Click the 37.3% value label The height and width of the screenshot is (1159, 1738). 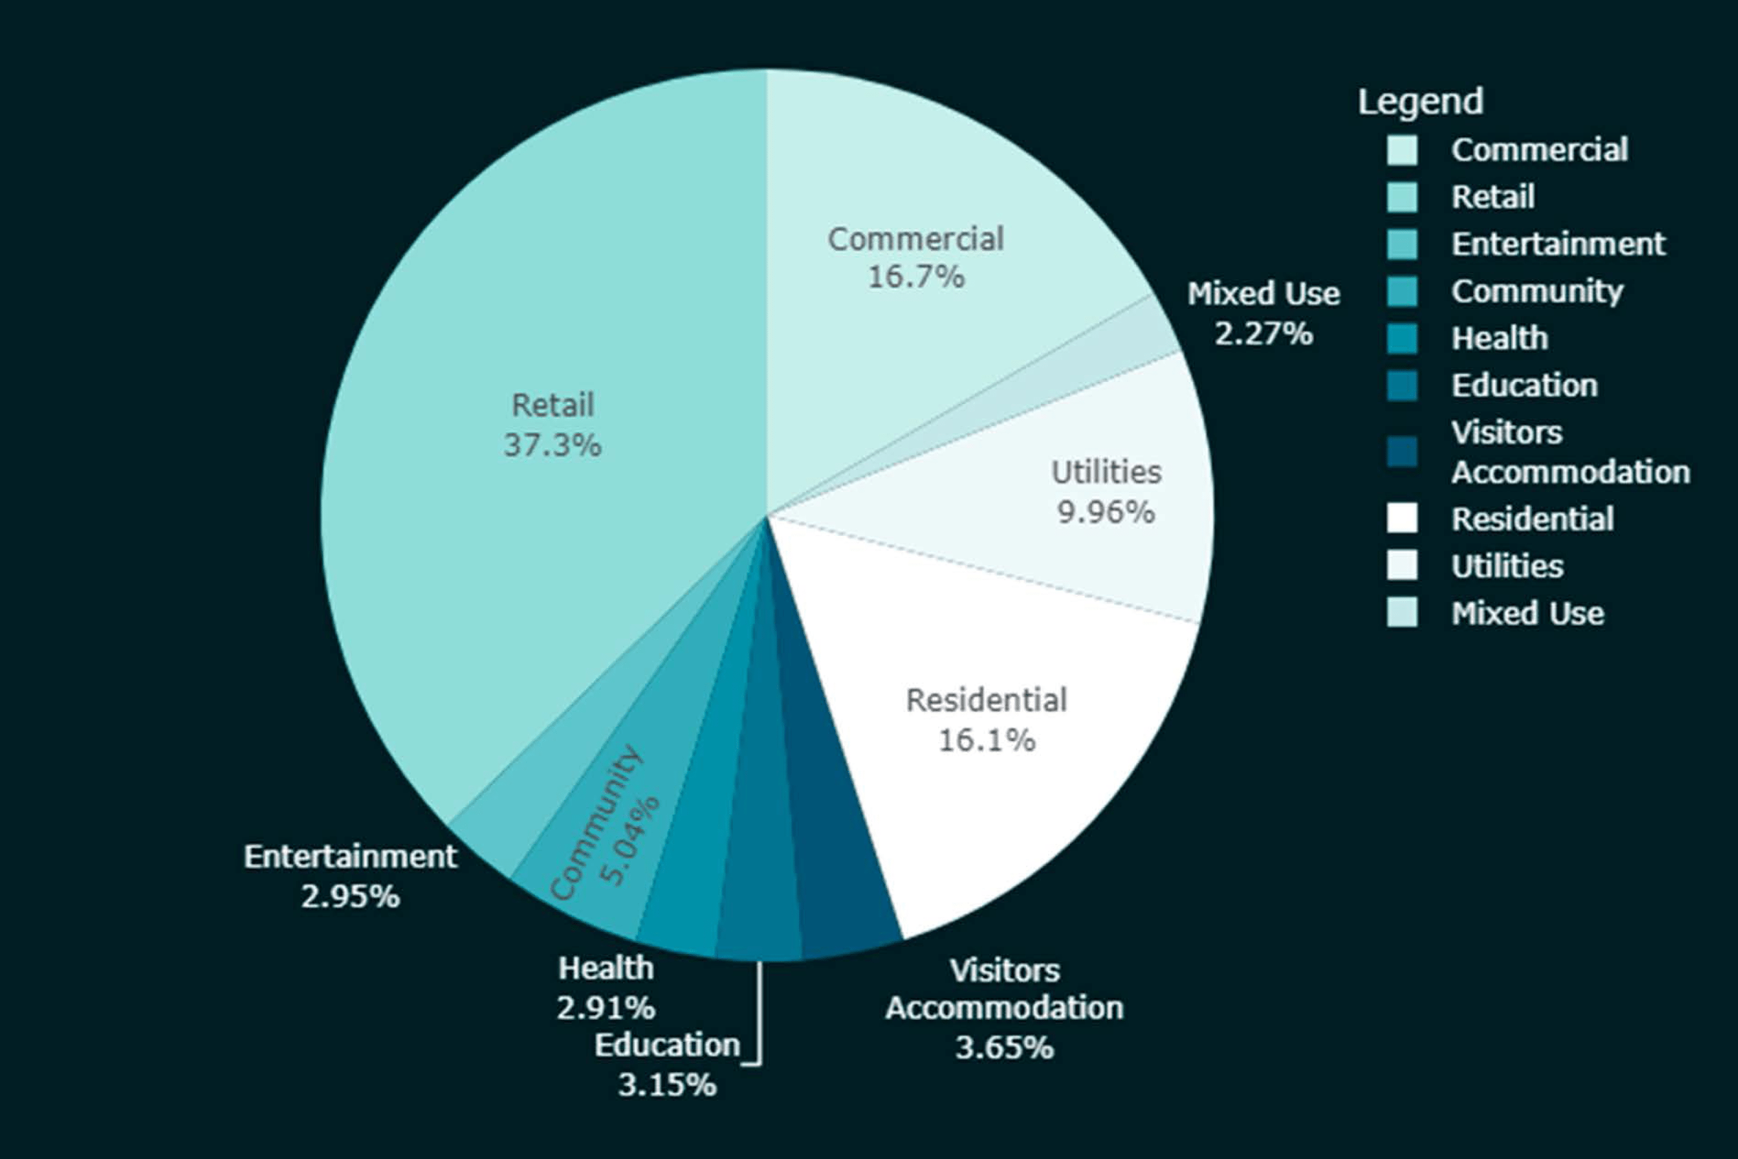[x=552, y=446]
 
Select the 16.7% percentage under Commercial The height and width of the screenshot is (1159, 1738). [x=915, y=277]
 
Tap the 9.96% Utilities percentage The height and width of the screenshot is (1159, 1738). [x=1105, y=512]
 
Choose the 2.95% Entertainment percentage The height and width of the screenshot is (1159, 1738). [x=350, y=896]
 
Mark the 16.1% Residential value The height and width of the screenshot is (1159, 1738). [x=987, y=740]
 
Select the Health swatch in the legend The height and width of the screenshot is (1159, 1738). [x=1402, y=338]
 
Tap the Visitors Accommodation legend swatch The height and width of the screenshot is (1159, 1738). [x=1402, y=451]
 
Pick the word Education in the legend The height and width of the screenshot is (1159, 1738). [x=1524, y=386]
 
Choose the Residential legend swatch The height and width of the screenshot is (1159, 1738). [x=1402, y=518]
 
